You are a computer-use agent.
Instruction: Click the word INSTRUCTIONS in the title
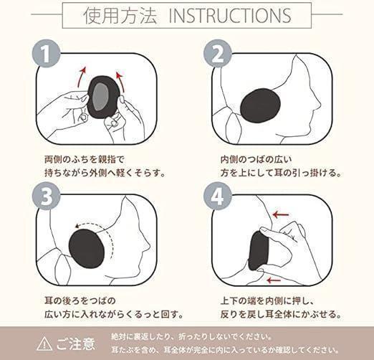pyautogui.click(x=230, y=16)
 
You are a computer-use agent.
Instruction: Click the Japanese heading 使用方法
pyautogui.click(x=120, y=16)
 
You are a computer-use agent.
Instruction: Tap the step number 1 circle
pyautogui.click(x=46, y=54)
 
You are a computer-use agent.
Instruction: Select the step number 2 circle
pyautogui.click(x=218, y=54)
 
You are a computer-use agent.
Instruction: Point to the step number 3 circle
pyautogui.click(x=46, y=196)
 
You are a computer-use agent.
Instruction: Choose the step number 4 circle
pyautogui.click(x=218, y=196)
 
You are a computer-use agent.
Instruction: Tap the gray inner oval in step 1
pyautogui.click(x=100, y=98)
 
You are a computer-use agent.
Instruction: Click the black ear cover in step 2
pyautogui.click(x=260, y=106)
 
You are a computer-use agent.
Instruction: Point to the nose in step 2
pyautogui.click(x=317, y=103)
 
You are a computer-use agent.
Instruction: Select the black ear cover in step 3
pyautogui.click(x=87, y=249)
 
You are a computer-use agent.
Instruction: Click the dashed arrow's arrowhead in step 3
pyautogui.click(x=77, y=226)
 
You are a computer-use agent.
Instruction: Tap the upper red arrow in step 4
pyautogui.click(x=281, y=214)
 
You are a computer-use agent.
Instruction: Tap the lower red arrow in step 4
pyautogui.click(x=274, y=280)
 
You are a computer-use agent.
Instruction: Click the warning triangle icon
pyautogui.click(x=44, y=344)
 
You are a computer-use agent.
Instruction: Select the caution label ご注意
pyautogui.click(x=76, y=344)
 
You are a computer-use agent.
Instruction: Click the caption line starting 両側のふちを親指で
pyautogui.click(x=85, y=159)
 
